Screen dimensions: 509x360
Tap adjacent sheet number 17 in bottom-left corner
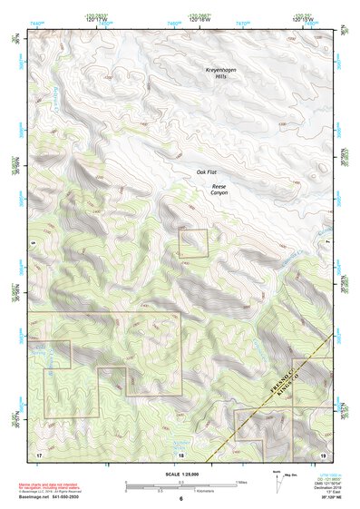(x=39, y=453)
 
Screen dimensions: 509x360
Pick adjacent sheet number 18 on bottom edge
(x=180, y=454)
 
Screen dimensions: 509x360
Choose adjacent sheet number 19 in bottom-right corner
(x=323, y=453)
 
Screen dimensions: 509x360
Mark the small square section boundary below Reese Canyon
(x=192, y=243)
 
